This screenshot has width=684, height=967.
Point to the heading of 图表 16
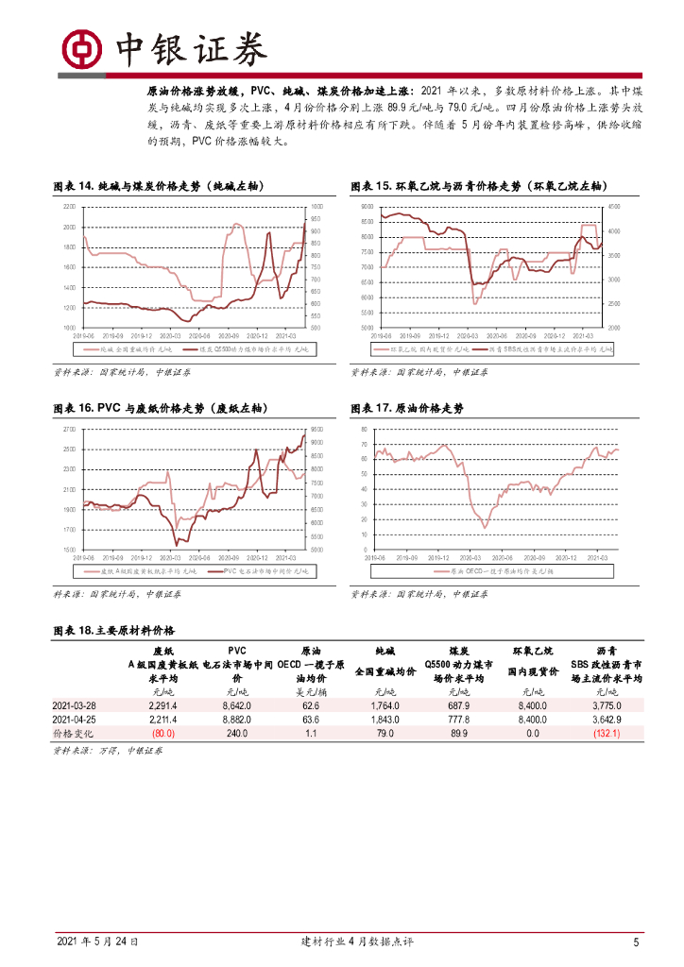(160, 408)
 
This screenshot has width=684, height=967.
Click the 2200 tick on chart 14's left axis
(69, 206)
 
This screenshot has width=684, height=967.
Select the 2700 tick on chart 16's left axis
(69, 429)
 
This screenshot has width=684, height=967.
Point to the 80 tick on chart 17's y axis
(365, 429)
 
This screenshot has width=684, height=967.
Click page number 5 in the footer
(636, 942)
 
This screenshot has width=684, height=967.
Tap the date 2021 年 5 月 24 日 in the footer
(97, 942)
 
